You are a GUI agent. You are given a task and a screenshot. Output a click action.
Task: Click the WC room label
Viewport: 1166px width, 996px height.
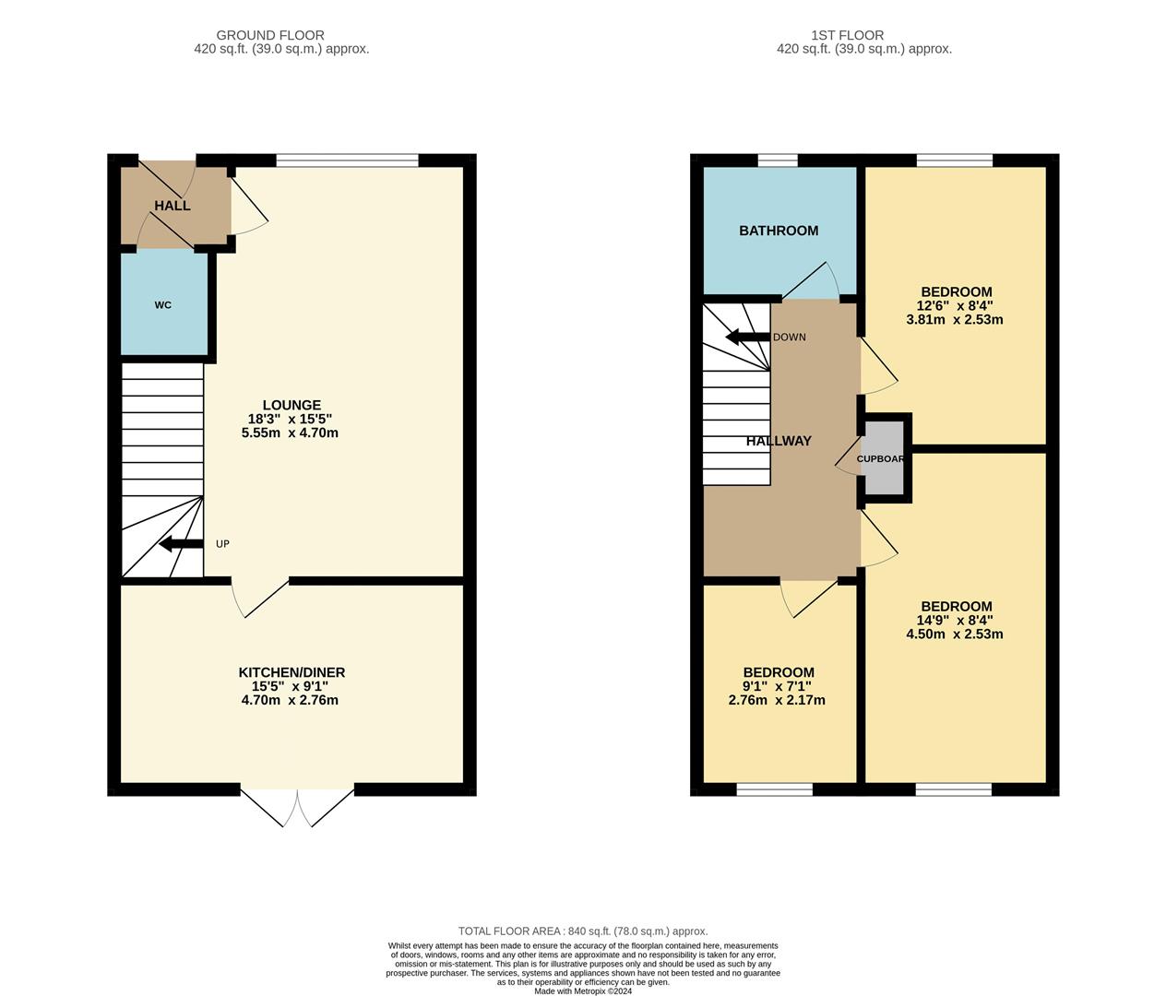click(x=163, y=305)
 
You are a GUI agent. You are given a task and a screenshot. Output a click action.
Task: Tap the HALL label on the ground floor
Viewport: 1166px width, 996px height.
click(x=173, y=206)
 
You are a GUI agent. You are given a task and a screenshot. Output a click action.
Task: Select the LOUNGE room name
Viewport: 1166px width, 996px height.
click(x=291, y=405)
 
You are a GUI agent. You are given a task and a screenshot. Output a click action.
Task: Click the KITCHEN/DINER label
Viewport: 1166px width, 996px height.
click(x=291, y=672)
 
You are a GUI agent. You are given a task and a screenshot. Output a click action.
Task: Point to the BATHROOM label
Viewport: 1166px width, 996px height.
click(x=779, y=231)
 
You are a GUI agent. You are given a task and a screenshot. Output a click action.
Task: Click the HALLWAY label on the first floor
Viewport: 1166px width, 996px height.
click(x=779, y=441)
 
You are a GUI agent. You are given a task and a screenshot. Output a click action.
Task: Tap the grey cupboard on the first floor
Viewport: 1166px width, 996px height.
click(x=883, y=458)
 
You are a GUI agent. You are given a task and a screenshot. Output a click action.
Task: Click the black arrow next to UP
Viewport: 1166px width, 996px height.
click(x=181, y=544)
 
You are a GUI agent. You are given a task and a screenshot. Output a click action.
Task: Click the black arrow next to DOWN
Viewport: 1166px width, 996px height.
click(x=747, y=337)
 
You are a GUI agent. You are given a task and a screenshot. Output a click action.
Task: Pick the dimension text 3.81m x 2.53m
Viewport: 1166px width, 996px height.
click(x=955, y=320)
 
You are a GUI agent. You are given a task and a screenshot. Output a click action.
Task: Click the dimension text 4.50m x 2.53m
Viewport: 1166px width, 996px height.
click(x=955, y=634)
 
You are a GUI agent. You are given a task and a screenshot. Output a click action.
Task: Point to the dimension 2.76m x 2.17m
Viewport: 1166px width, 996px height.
click(x=777, y=700)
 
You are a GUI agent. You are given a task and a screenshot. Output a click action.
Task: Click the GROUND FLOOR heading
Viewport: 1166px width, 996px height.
click(x=281, y=36)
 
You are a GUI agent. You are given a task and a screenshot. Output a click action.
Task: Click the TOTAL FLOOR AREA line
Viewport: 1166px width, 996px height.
click(x=583, y=931)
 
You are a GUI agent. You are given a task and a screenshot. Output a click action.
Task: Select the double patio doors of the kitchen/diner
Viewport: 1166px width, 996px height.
click(x=298, y=805)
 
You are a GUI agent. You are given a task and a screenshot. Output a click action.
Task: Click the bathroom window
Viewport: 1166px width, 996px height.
click(x=778, y=160)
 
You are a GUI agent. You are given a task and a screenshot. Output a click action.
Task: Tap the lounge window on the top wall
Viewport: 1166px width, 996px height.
click(x=348, y=160)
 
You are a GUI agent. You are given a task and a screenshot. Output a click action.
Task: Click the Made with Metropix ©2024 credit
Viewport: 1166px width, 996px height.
click(x=583, y=990)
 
